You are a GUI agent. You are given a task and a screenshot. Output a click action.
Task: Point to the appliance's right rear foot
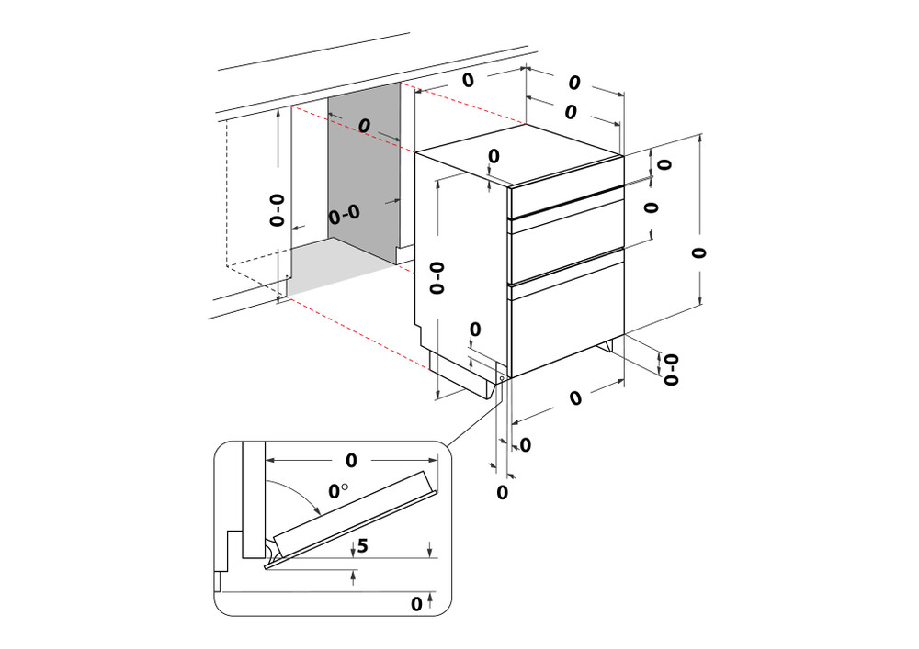(607, 347)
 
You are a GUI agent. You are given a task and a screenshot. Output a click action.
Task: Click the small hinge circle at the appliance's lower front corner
(501, 376)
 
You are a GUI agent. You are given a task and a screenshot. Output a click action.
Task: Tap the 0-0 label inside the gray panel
(344, 215)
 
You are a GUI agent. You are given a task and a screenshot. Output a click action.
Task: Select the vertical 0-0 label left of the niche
(278, 210)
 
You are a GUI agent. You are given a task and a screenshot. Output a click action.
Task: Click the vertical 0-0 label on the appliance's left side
(437, 277)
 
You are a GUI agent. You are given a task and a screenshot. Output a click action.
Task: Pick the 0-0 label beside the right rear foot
(672, 367)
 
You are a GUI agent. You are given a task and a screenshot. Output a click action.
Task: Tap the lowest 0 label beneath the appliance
(503, 492)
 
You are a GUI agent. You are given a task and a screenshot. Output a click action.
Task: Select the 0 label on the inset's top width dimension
(350, 459)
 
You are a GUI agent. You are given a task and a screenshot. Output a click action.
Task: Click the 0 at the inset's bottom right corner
(416, 604)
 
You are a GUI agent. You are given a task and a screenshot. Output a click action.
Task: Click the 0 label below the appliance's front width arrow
(575, 398)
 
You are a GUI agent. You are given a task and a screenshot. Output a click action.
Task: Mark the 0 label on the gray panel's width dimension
(364, 124)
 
